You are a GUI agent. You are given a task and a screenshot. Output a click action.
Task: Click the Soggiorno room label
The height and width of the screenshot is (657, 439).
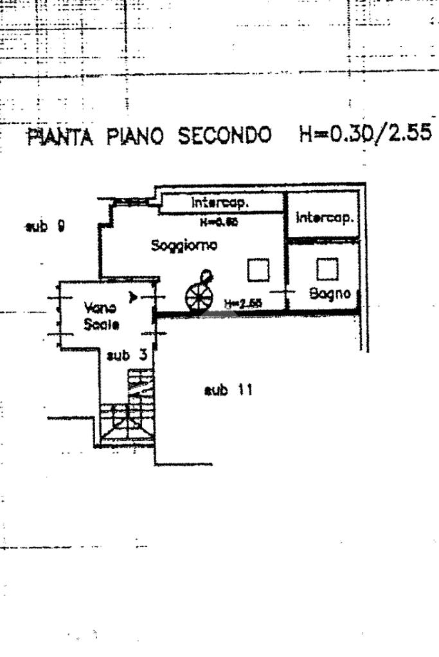point(184,245)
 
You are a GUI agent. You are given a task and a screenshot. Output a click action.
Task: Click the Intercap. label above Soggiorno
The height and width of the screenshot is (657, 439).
point(220,203)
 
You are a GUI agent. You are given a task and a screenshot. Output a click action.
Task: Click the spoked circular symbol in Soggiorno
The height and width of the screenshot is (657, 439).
point(198,296)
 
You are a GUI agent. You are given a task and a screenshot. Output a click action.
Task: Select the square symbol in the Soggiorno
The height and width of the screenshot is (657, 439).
point(258,270)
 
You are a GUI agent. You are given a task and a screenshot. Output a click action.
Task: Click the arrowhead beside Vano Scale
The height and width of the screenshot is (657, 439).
point(134,297)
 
